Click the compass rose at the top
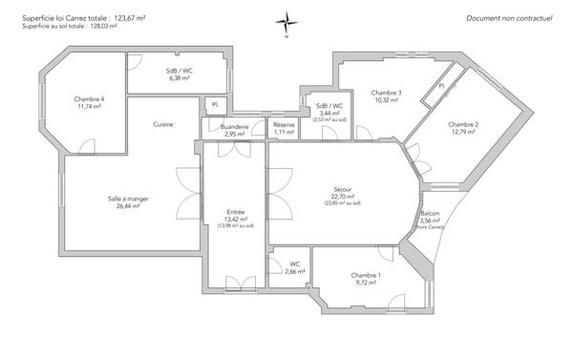[x=286, y=22]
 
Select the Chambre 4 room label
[x=89, y=99]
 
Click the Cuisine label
[x=163, y=125]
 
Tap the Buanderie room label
[x=234, y=126]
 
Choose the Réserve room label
[x=284, y=125]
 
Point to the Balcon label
[x=430, y=214]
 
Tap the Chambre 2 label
[x=463, y=125]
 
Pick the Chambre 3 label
[x=386, y=93]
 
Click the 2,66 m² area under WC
[x=294, y=272]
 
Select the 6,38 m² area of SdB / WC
[x=180, y=78]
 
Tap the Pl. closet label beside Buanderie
[x=215, y=104]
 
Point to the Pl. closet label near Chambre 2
[x=442, y=86]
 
